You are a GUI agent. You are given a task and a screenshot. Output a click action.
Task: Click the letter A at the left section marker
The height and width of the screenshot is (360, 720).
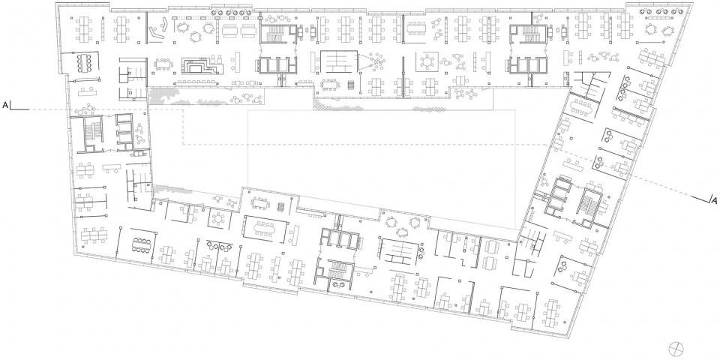click(x=5, y=106)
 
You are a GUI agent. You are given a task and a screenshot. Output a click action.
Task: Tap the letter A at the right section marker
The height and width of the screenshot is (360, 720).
click(x=713, y=199)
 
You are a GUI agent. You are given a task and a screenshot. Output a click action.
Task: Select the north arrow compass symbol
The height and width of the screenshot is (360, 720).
click(x=676, y=347)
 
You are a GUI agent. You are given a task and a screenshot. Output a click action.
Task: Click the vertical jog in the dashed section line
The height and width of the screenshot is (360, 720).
click(x=183, y=127)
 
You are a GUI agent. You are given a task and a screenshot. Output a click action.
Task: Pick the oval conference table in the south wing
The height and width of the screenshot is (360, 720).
click(x=265, y=228)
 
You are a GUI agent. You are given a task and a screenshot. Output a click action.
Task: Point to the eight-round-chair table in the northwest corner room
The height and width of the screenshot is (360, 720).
click(x=85, y=63)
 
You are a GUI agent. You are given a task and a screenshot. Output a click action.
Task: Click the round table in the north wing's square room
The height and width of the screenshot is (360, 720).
click(x=427, y=61)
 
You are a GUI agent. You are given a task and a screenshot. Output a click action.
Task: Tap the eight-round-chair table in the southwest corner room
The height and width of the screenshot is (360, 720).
click(x=142, y=244)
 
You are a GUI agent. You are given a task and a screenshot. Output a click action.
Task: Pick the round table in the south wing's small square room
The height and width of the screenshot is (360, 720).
click(x=219, y=218)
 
